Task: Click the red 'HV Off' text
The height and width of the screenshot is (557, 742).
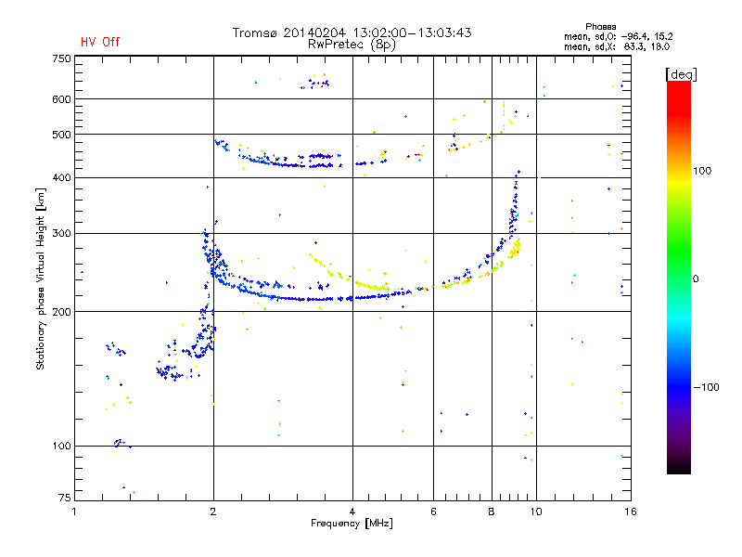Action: point(100,42)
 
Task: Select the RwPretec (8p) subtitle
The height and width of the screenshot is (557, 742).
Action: point(352,45)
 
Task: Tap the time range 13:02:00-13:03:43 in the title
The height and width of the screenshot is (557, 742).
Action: point(412,32)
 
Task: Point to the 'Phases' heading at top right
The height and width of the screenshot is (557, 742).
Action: point(600,27)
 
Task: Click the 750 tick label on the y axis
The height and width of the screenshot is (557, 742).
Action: point(61,58)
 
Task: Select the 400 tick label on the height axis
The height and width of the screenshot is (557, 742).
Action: point(61,177)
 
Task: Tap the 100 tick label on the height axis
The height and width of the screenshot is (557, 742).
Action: point(61,446)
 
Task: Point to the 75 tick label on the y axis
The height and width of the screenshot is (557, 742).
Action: point(64,498)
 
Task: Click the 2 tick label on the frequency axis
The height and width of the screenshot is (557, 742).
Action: point(213,512)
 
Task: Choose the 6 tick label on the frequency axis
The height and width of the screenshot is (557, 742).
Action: point(433,512)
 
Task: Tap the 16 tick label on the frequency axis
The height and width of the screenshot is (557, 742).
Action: point(631,512)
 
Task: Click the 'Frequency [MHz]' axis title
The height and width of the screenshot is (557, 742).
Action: point(352,524)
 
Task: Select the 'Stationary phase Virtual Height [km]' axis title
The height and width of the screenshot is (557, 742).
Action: point(41,278)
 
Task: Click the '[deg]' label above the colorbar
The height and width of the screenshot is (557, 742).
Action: point(681,74)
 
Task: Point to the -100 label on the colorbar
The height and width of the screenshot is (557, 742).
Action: point(706,387)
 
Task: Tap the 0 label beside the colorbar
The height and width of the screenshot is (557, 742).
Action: point(696,278)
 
